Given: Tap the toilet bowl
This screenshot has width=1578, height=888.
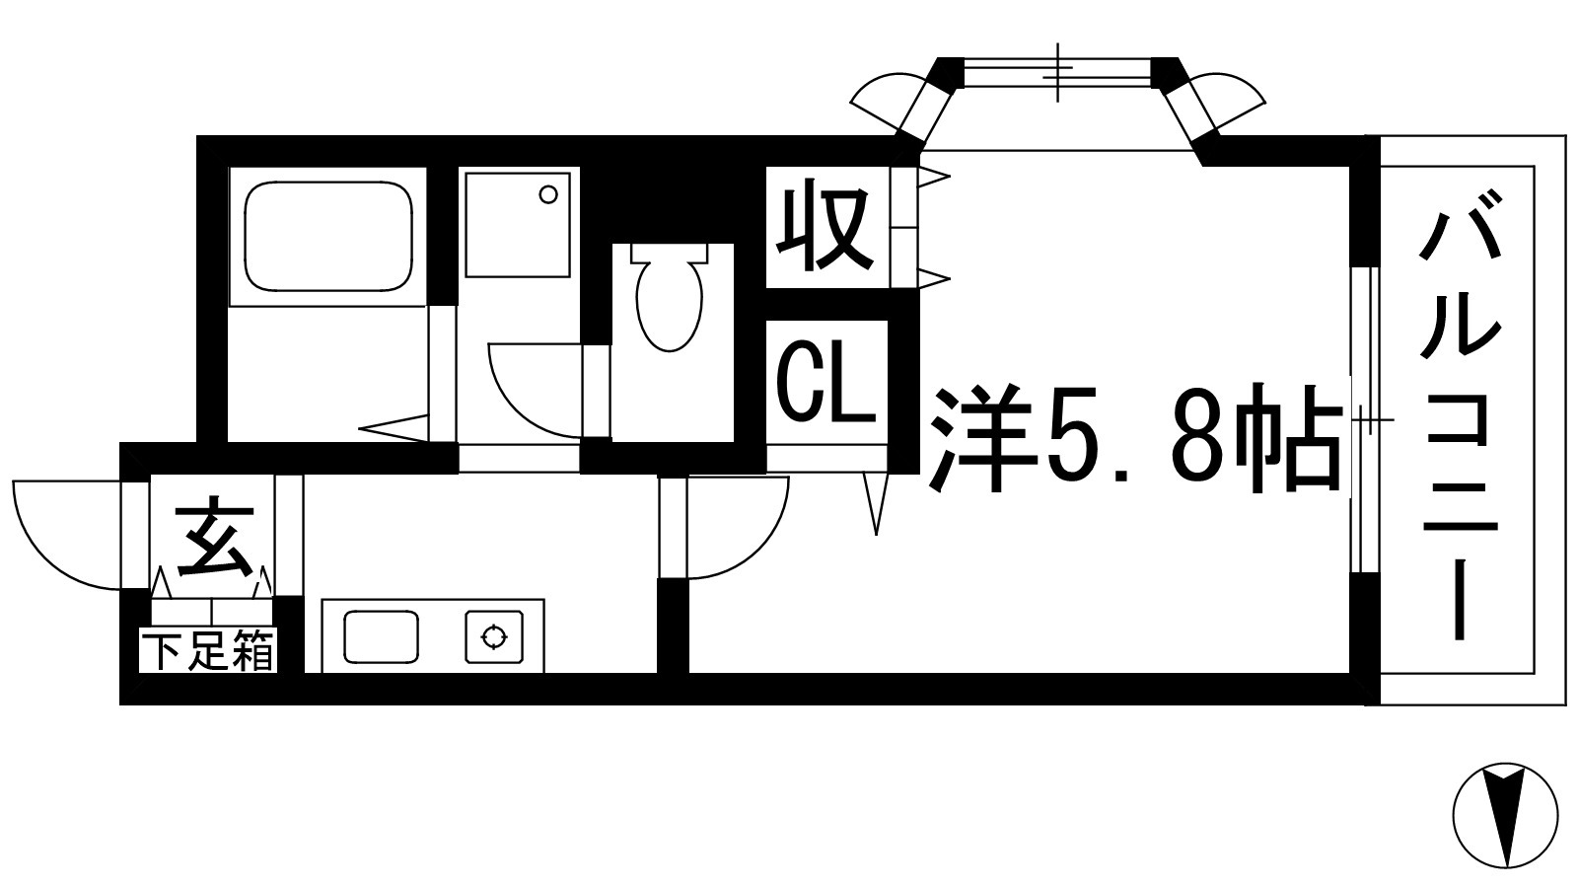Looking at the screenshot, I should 670,305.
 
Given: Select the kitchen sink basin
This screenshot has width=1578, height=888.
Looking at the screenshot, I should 381,635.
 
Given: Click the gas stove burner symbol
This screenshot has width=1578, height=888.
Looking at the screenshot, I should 492,636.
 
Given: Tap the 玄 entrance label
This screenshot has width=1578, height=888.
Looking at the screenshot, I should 213,540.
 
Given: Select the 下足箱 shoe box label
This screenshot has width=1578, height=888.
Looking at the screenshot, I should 208,651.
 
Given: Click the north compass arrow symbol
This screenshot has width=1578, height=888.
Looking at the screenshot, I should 1505,815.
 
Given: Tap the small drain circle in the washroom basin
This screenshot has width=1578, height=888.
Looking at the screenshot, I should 547,194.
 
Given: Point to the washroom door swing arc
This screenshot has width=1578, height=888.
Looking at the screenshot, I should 523,395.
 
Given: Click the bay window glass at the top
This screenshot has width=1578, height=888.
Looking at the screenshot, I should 1057,72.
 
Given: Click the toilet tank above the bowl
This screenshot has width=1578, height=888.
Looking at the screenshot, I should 671,252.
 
